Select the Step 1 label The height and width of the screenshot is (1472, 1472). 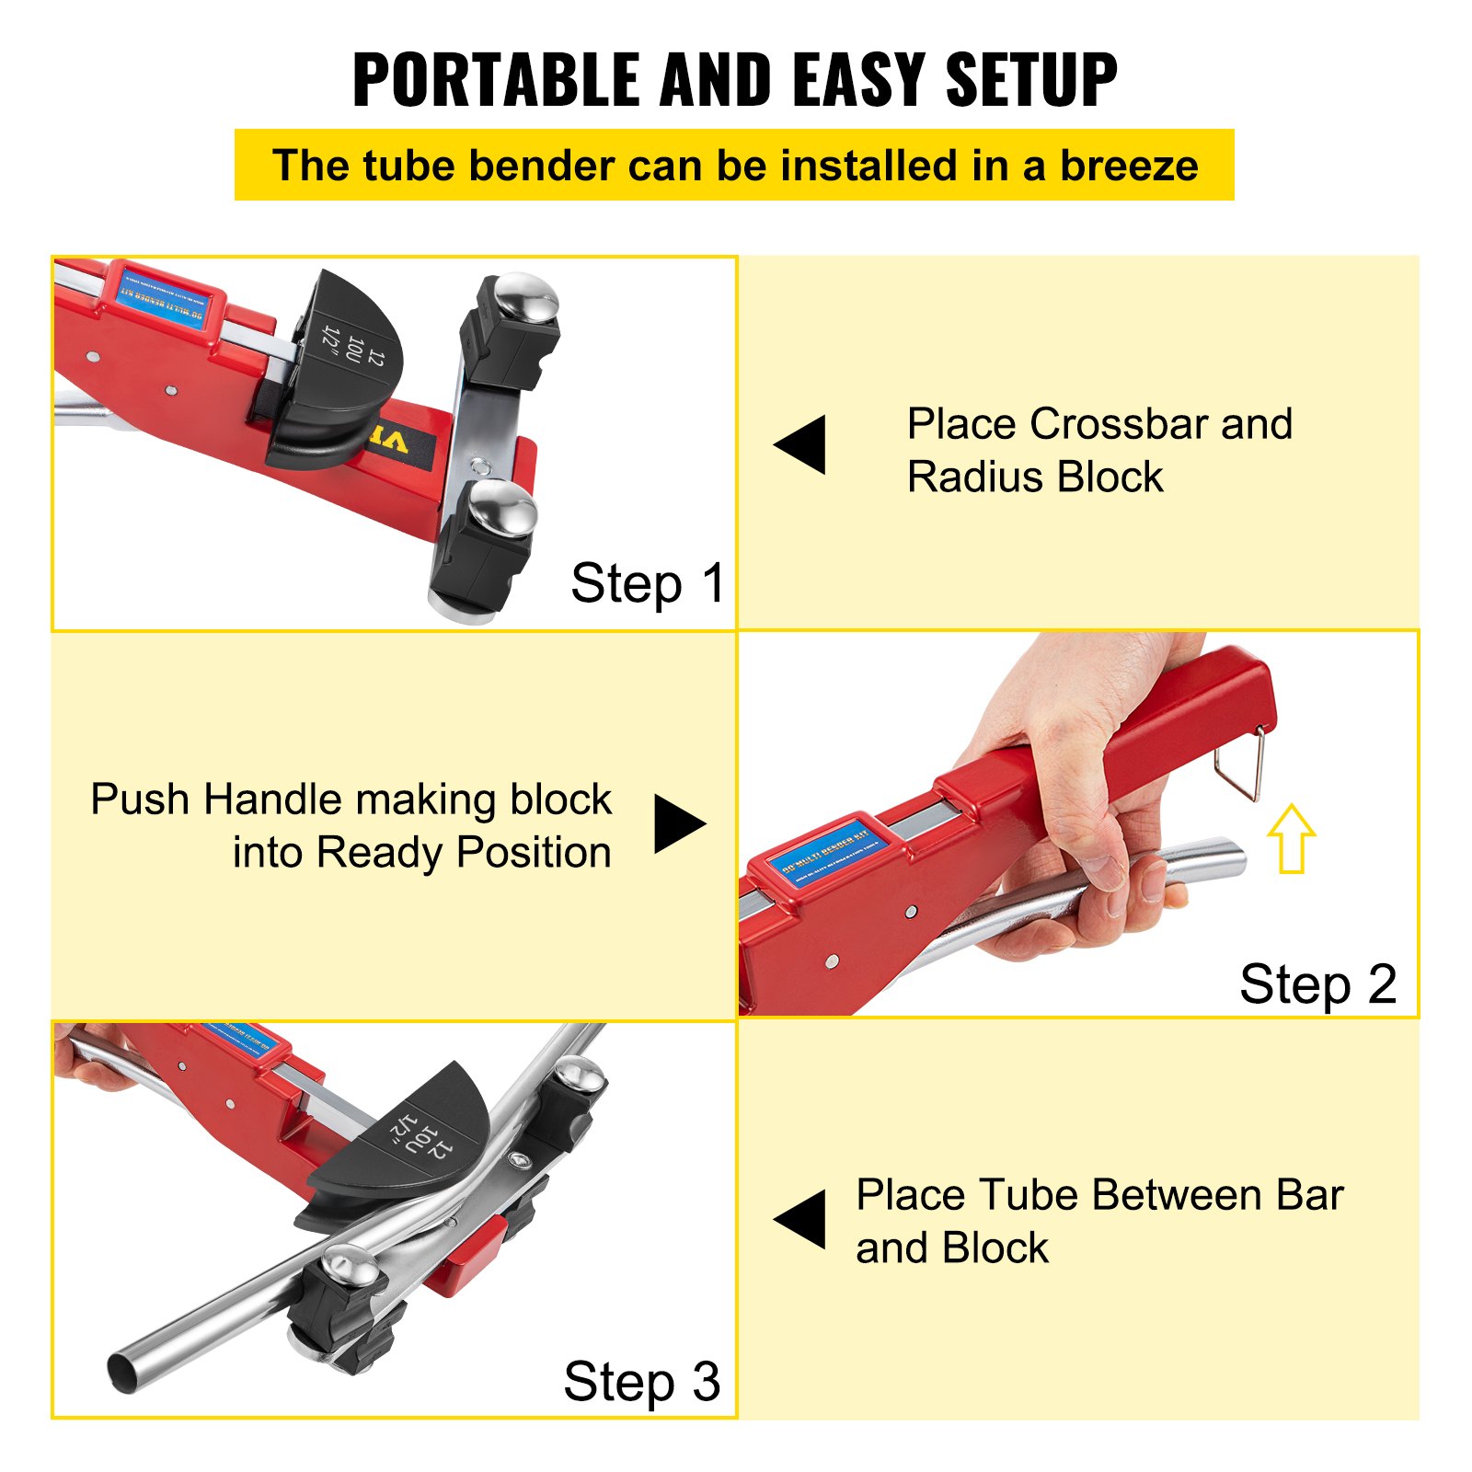[x=647, y=583]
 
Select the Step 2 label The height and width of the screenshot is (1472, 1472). [x=1317, y=984]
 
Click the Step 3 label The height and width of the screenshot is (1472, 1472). [x=641, y=1382]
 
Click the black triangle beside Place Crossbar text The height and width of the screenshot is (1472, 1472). [x=802, y=444]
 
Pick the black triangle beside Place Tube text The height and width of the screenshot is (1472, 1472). [x=802, y=1220]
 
